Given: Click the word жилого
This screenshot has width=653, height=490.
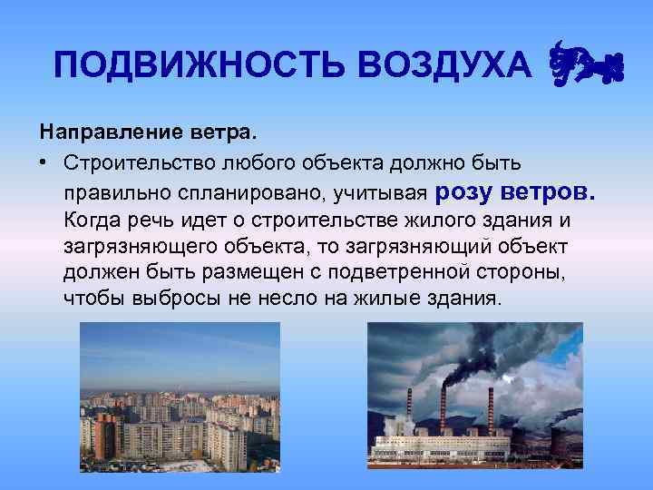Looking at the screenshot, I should click(x=426, y=220).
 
